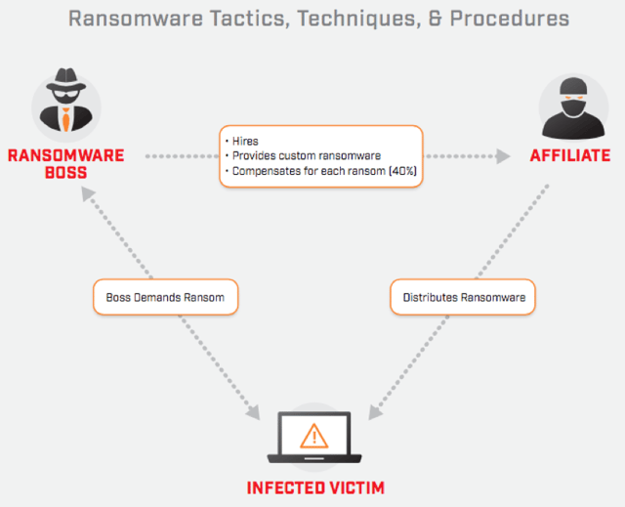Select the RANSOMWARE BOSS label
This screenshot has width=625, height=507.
pos(66,164)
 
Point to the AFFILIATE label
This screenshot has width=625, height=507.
pos(569,155)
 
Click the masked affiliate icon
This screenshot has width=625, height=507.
pos(570,106)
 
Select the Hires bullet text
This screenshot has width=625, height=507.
pos(247,141)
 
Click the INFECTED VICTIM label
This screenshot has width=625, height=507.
pos(314,486)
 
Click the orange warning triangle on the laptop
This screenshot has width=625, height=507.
pos(313,435)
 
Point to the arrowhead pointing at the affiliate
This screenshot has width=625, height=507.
pos(502,155)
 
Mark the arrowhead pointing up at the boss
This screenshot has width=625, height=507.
pos(89,195)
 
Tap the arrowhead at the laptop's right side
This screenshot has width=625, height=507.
pos(374,412)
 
